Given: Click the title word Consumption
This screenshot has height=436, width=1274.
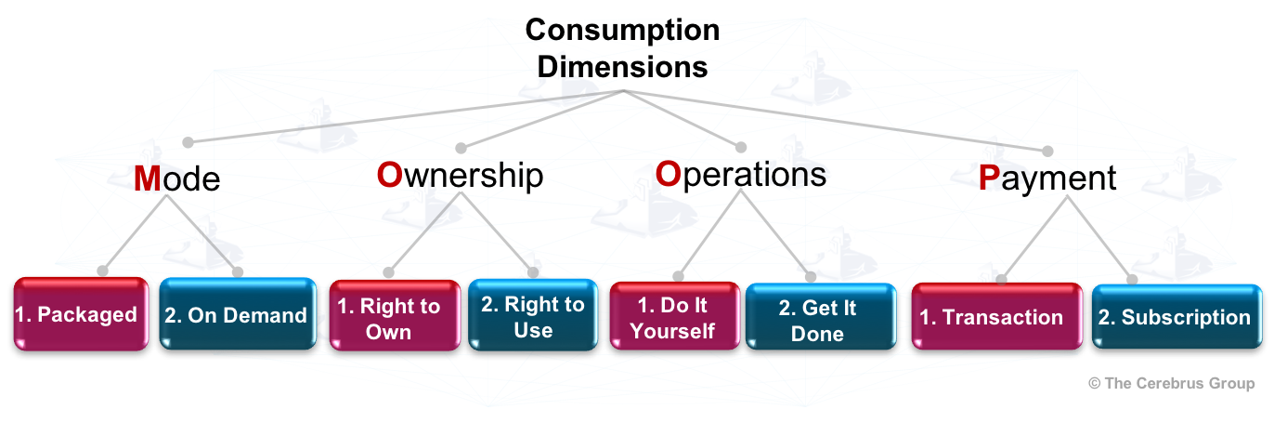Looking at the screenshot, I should coord(622,30).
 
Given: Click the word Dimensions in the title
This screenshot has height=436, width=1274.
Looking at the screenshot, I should coord(622,67).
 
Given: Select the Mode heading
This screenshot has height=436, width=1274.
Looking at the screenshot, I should coord(176,178).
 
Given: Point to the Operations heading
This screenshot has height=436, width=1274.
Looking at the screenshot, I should coord(740,174).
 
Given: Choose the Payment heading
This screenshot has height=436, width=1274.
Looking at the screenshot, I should coord(1046,178).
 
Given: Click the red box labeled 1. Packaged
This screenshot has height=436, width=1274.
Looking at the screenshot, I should coord(82,314).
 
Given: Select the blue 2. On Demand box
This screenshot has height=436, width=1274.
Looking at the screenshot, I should coord(237,315).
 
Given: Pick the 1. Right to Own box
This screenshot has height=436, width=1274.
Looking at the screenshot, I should coord(395,318).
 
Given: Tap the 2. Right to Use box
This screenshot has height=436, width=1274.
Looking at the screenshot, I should coord(532,317).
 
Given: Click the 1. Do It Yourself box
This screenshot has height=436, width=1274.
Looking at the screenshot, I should coord(674,319).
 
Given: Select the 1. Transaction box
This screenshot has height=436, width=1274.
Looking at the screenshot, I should coord(996,317).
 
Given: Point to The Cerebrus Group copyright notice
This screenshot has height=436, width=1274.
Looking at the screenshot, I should coord(1171,383).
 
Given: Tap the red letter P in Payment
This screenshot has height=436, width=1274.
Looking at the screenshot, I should coord(989,178).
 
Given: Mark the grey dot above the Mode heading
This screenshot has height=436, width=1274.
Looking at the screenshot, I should coord(188,142).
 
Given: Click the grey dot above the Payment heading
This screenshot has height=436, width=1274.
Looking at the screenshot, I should coord(1048,151).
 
